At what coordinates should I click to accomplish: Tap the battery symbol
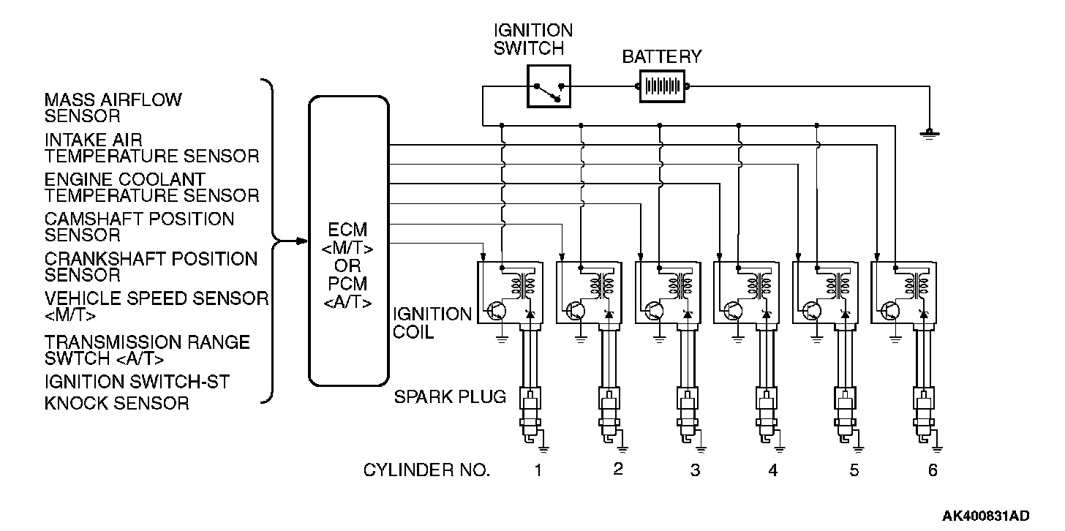[663, 87]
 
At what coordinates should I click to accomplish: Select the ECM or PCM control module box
[349, 241]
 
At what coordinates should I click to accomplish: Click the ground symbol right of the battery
[929, 133]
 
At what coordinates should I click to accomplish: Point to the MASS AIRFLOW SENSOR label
[113, 108]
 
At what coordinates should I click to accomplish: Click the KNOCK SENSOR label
[116, 402]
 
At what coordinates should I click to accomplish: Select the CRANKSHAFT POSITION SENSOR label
[151, 267]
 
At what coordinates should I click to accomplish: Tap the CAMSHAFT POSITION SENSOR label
[139, 227]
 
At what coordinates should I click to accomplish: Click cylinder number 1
[538, 470]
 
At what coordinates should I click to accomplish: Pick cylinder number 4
[773, 470]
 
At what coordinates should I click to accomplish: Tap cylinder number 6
[933, 470]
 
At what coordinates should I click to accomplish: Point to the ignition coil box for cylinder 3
[666, 293]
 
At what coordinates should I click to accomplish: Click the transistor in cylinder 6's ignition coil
[891, 310]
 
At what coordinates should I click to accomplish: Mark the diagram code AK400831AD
[985, 516]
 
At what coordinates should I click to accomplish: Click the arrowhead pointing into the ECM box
[303, 240]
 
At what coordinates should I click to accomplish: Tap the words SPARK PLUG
[450, 397]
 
